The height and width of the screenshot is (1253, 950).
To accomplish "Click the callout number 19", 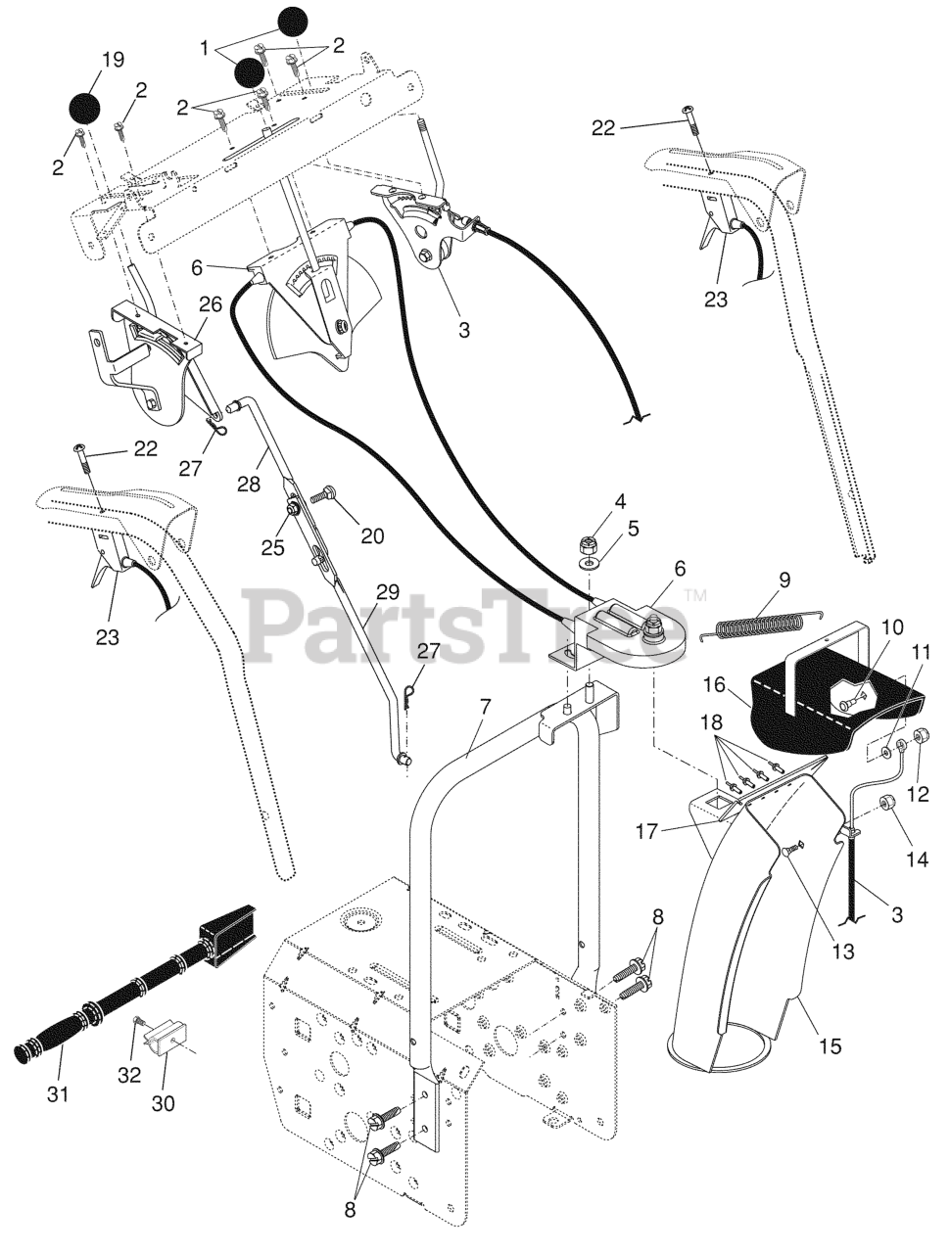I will (x=113, y=60).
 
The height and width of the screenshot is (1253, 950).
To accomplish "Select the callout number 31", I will (x=58, y=1093).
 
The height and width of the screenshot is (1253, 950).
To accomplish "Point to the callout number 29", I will (x=388, y=591).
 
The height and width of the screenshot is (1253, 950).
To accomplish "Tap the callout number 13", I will (x=841, y=951).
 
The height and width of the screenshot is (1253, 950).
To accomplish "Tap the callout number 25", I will (x=272, y=548).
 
